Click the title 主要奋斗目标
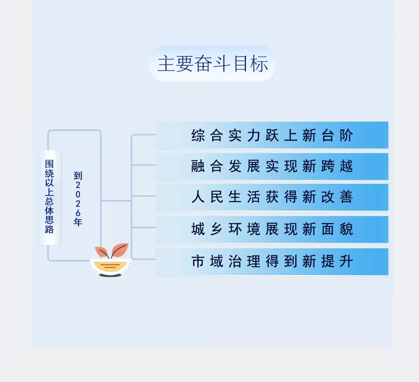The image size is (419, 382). click(212, 64)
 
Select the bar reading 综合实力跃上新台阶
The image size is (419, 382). click(272, 135)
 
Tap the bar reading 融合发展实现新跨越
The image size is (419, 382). click(272, 166)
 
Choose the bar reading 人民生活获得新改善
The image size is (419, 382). click(272, 197)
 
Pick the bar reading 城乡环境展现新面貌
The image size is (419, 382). click(272, 229)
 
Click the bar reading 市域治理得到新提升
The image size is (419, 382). click(272, 262)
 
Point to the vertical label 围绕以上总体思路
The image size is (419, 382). click(50, 198)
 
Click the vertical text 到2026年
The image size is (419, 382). click(78, 199)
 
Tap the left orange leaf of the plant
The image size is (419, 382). click(102, 252)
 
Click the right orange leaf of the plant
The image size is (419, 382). click(120, 249)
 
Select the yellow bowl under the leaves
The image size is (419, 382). click(110, 266)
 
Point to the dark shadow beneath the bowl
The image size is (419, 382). click(110, 275)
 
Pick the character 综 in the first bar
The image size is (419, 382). click(198, 136)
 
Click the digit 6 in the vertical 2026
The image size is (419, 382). click(78, 213)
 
